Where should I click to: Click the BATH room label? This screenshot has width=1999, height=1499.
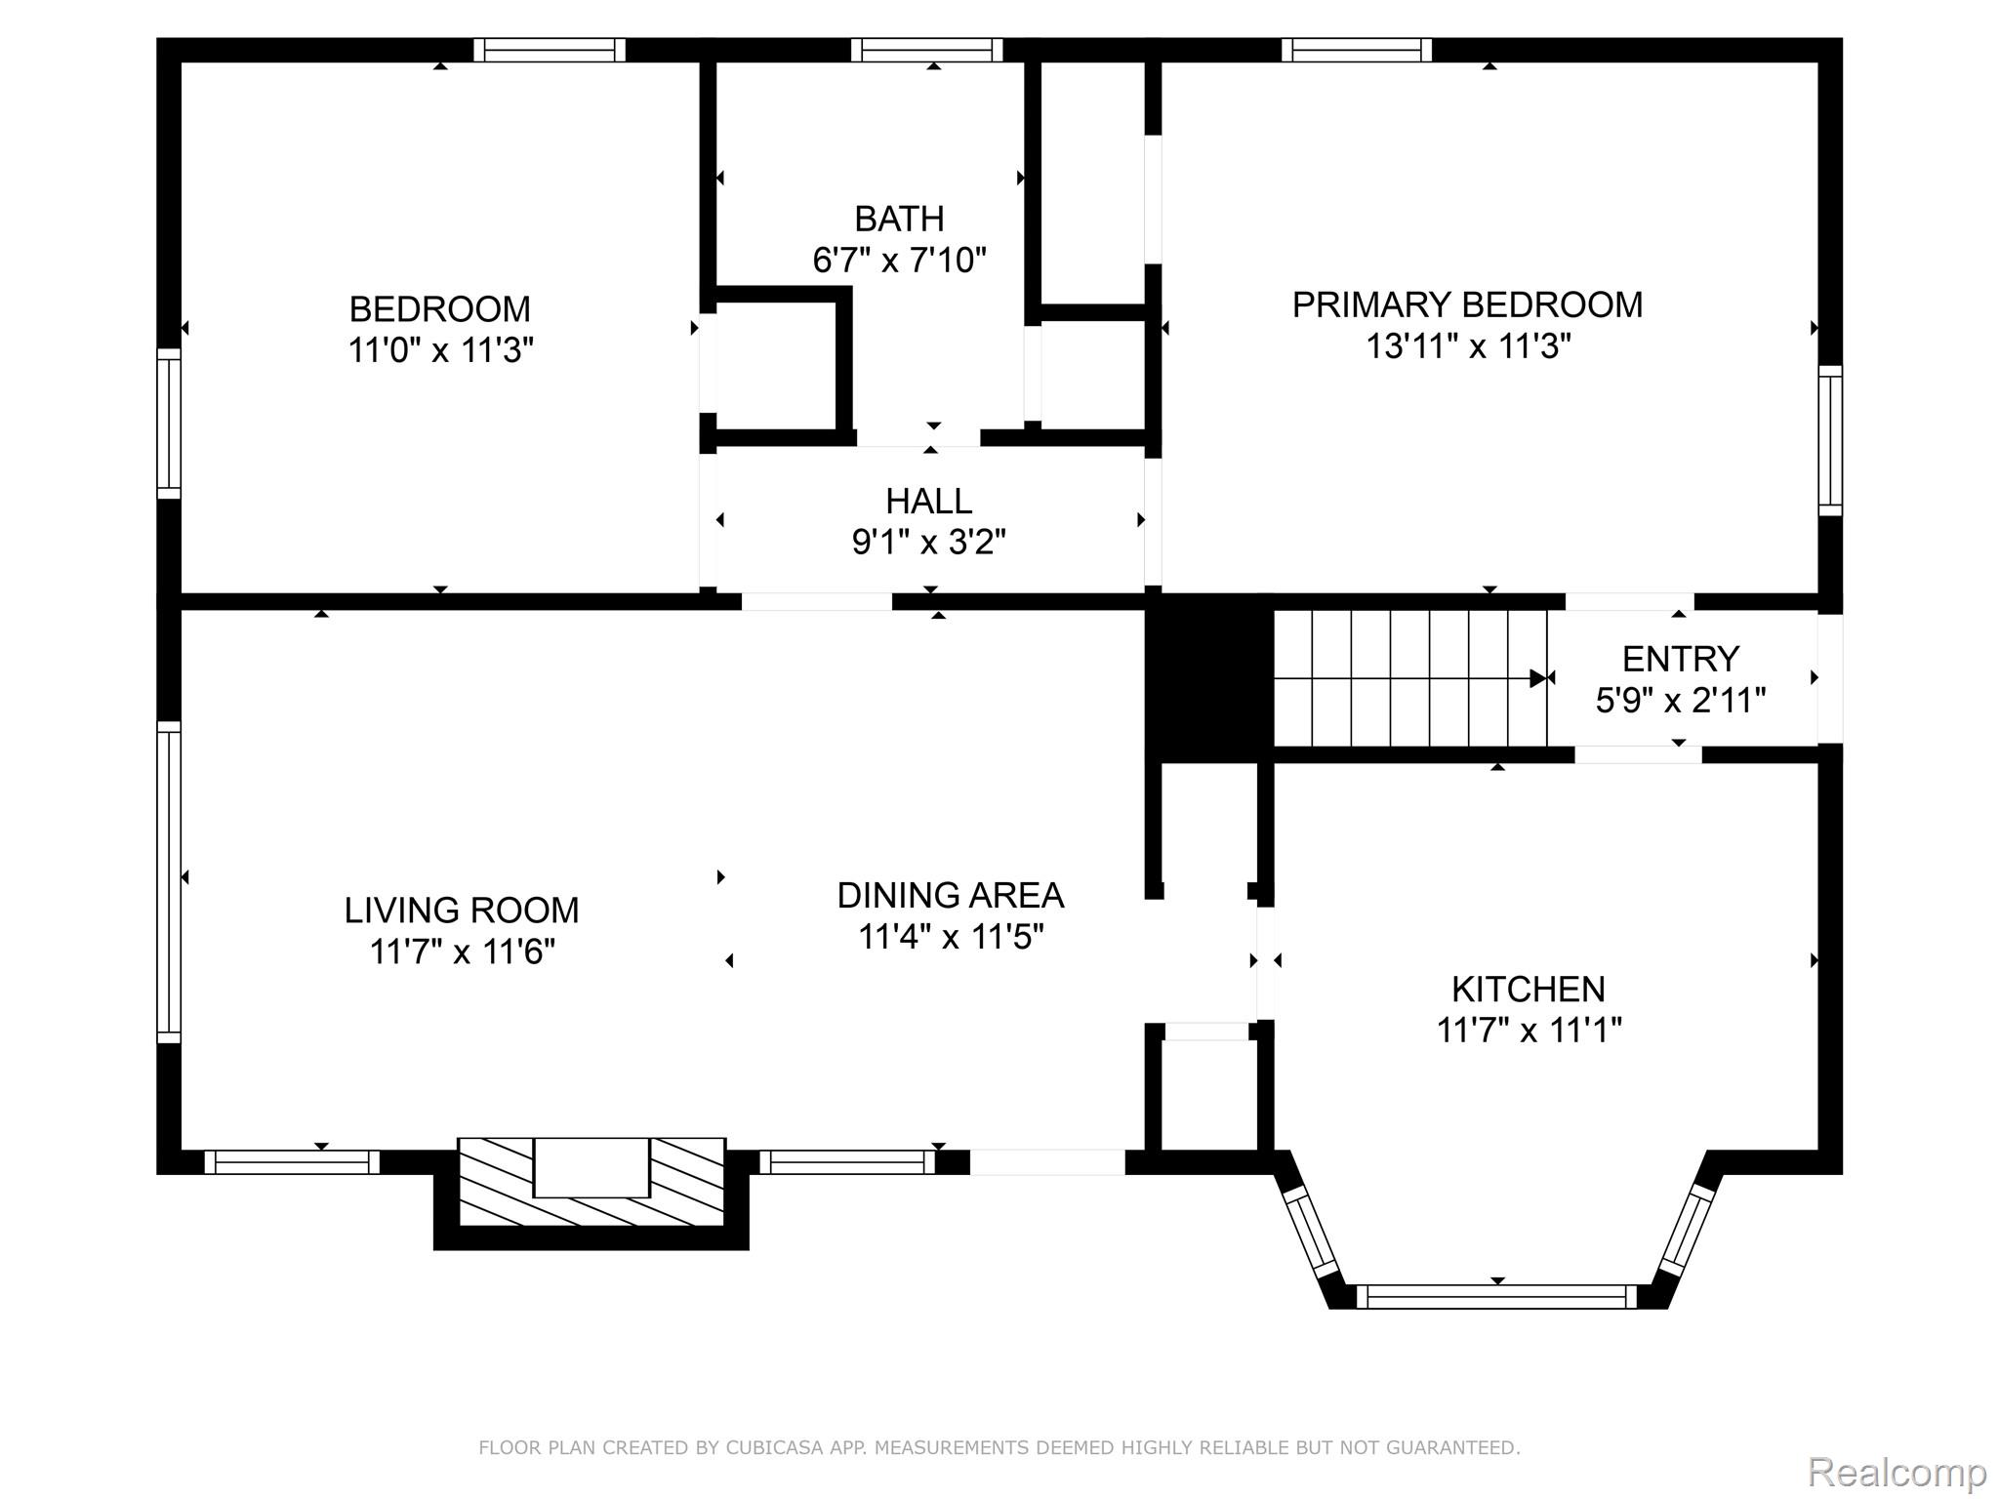[x=899, y=219]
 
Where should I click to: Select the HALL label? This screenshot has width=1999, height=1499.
[x=928, y=502]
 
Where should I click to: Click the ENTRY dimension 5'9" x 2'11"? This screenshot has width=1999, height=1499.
[x=1680, y=701]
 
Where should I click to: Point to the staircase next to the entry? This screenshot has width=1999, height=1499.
[x=1409, y=678]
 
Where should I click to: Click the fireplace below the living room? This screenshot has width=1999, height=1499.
[x=591, y=1182]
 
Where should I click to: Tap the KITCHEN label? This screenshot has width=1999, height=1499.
[x=1528, y=990]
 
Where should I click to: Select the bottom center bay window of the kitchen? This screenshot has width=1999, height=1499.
[x=1495, y=1297]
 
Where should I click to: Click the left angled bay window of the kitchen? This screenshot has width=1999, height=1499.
[x=1310, y=1232]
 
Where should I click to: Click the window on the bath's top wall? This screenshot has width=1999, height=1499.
[x=926, y=50]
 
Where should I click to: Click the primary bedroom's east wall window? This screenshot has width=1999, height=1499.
[x=1830, y=441]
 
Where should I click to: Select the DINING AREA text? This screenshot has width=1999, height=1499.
[x=950, y=896]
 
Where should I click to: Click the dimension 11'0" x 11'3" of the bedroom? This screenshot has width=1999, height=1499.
[x=440, y=350]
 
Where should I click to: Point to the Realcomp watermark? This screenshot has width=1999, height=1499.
[x=1896, y=1472]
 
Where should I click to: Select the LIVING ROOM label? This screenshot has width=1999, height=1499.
[x=462, y=911]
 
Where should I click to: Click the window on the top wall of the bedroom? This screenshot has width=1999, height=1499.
[x=550, y=50]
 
